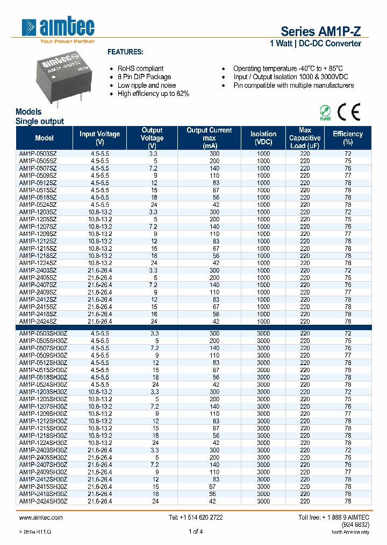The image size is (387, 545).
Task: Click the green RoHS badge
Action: (x=325, y=112)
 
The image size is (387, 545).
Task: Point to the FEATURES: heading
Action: (x=125, y=52)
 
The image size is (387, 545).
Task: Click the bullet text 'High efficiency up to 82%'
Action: (x=153, y=94)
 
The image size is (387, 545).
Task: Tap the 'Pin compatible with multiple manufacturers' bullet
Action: (x=293, y=86)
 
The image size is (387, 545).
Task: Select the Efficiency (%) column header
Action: (x=348, y=138)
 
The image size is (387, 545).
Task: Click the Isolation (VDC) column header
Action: (x=263, y=138)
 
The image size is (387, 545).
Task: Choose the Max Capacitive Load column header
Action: (x=305, y=138)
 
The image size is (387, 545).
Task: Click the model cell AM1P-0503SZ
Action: (x=38, y=153)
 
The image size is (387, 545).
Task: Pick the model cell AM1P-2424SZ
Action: (x=38, y=321)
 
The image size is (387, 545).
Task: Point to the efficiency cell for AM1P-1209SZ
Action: (x=348, y=234)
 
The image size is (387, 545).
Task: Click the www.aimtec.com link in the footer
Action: (x=41, y=517)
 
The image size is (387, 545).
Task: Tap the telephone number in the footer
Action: (x=196, y=517)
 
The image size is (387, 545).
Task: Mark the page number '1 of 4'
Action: (x=196, y=532)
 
